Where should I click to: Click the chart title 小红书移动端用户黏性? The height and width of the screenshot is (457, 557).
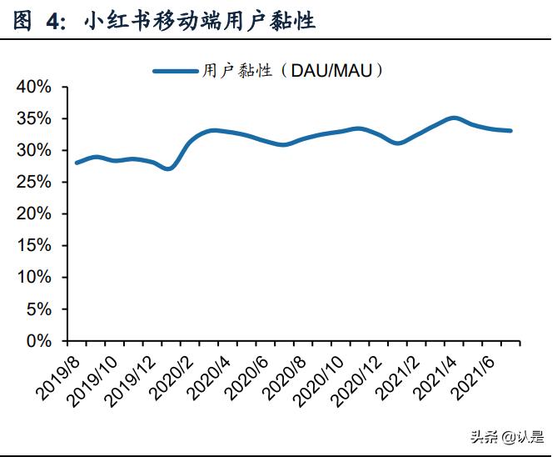200,21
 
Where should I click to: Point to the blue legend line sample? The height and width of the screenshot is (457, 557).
176,71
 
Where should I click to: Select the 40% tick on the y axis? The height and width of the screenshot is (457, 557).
35,88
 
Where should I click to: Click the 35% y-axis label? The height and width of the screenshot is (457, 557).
35,119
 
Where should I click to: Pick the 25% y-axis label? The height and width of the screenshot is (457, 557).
35,183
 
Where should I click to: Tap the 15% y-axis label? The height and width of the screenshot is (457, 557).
35,246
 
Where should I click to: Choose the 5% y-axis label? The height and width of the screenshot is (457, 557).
39,309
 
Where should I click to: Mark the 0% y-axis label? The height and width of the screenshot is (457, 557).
39,341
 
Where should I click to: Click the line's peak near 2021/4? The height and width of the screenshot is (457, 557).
453,118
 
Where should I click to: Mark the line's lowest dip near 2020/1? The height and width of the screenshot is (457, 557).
169,168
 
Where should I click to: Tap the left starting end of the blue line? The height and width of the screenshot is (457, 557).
77,163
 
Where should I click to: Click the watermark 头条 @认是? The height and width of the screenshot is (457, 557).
507,436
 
